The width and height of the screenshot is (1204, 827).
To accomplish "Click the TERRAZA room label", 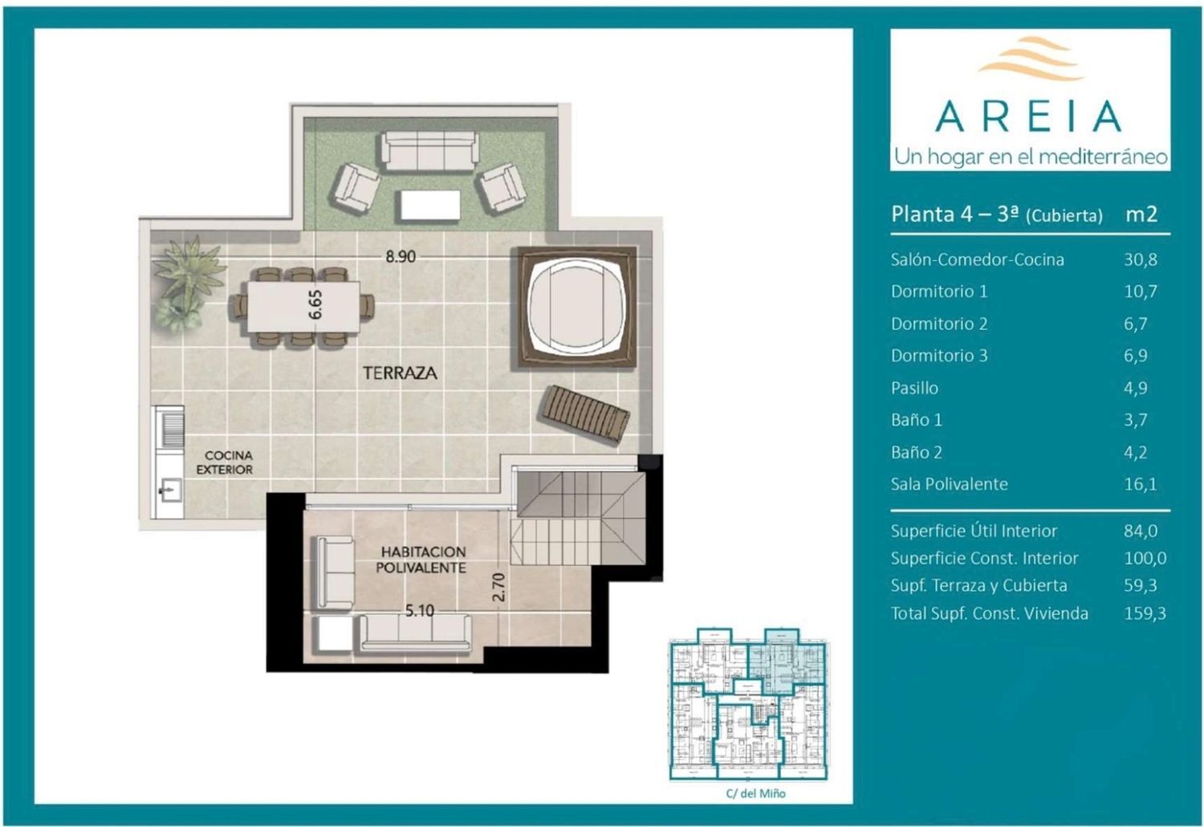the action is coord(400,373).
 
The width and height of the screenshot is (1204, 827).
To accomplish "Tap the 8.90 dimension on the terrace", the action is coord(401,256).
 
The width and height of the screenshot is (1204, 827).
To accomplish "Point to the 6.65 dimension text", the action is coord(315,304).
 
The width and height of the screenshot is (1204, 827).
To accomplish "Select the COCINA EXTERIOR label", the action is coord(226,462).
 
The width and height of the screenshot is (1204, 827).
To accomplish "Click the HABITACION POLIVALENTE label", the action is coord(421,560).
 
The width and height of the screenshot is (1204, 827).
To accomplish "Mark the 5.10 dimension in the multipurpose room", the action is coord(419,611).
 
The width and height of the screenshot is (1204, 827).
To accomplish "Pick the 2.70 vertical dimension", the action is coord(498,587).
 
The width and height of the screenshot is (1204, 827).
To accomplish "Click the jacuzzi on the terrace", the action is coord(577,307).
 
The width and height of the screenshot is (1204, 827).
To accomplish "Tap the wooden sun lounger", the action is coord(584,414).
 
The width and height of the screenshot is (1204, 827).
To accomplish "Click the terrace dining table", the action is coord(303,307).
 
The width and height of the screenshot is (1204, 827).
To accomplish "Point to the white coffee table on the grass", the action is coord(430,206).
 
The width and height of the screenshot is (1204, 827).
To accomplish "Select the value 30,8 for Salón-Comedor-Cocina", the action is coord(1141,259).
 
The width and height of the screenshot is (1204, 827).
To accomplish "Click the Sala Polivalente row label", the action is coord(950,484).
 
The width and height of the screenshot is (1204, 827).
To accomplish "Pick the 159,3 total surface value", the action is coord(1145,613).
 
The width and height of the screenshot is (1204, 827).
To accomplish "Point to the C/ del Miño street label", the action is coord(756,793).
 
